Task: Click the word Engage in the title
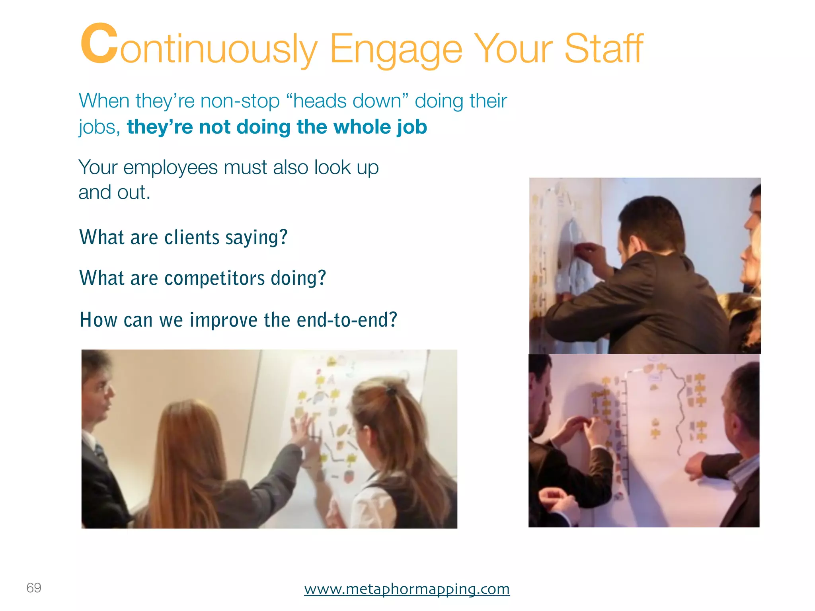click(x=396, y=50)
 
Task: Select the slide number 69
click(x=34, y=588)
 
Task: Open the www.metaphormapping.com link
click(x=407, y=589)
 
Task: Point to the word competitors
click(x=214, y=278)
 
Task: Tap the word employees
click(x=170, y=167)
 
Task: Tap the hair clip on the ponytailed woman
click(x=391, y=391)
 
